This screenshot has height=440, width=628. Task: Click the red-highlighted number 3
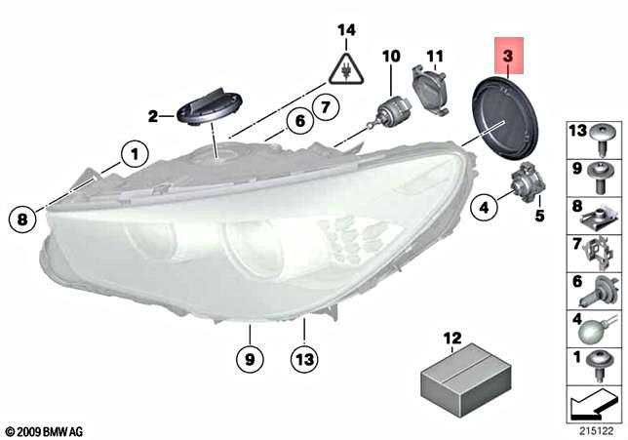pos(509,58)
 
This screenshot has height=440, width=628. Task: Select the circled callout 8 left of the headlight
pos(21,220)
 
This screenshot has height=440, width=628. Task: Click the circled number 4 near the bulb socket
pos(482,206)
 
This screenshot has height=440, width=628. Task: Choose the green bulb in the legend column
pos(594,329)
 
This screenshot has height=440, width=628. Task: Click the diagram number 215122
pos(590,426)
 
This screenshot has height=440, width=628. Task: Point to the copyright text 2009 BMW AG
pos(44,429)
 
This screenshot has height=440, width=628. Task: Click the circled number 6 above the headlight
pos(299,122)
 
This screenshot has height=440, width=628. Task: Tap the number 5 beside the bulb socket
pos(538,214)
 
